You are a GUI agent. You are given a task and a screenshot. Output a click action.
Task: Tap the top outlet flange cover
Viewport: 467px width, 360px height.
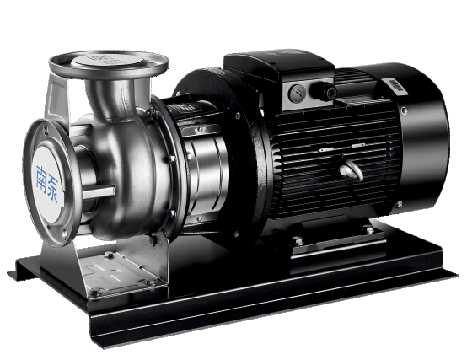click(x=108, y=62)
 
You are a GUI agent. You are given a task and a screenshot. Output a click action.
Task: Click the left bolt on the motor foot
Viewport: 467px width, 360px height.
click(x=298, y=241)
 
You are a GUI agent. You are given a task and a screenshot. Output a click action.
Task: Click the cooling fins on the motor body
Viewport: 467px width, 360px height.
click(x=329, y=152)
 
